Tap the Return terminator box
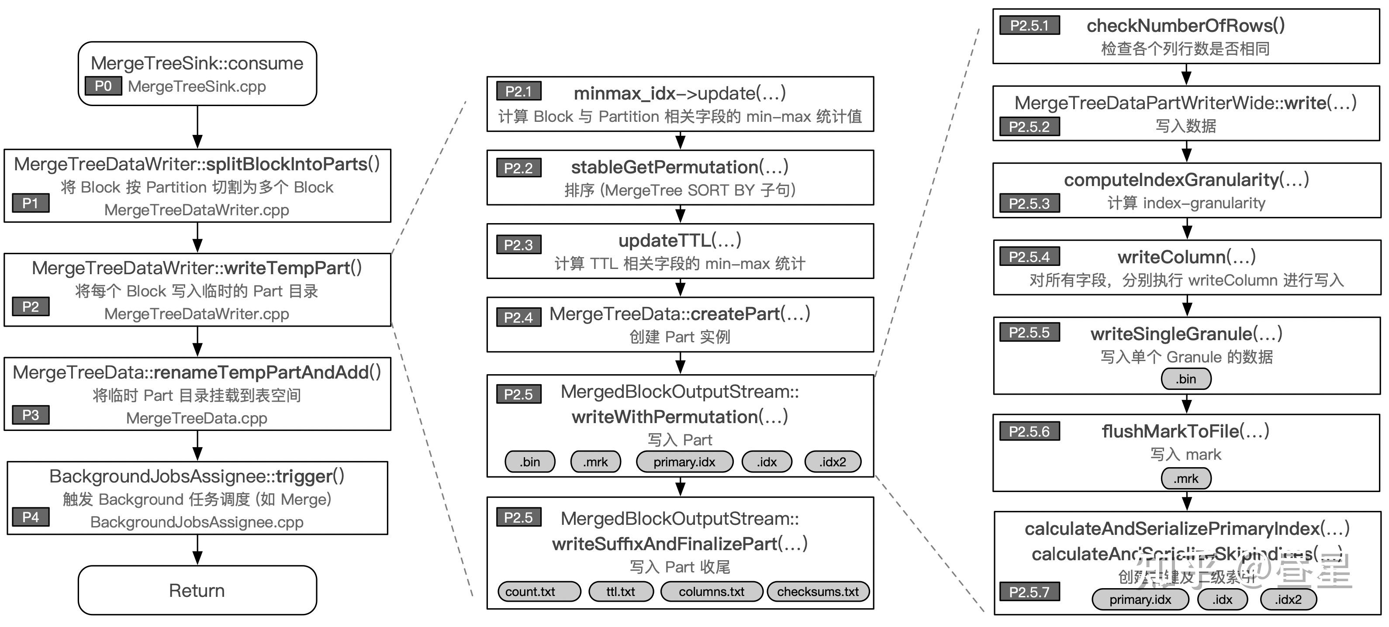[197, 590]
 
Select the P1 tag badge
[31, 203]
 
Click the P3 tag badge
[31, 415]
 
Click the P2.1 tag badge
[518, 92]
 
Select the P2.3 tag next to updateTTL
[518, 245]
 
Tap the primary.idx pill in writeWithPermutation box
[684, 462]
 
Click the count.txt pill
[539, 592]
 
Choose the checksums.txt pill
[817, 592]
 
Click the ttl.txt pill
[621, 592]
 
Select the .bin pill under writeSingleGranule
[1186, 379]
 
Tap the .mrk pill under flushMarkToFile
[1186, 479]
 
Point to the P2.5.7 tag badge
[1030, 592]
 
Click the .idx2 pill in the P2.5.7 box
[1288, 599]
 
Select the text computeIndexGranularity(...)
[1186, 179]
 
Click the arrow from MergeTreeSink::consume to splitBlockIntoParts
[197, 127]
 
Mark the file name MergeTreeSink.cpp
[197, 86]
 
